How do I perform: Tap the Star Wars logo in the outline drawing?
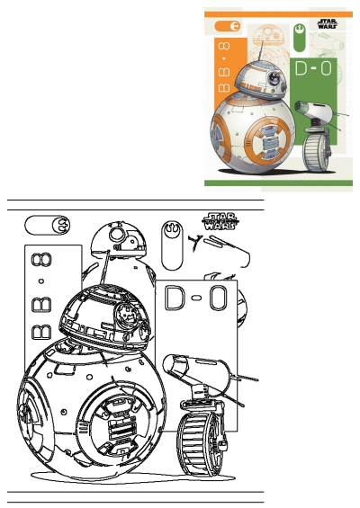pyautogui.click(x=218, y=221)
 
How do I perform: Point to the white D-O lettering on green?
pyautogui.click(x=313, y=68)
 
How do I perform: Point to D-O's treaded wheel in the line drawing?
pyautogui.click(x=200, y=443)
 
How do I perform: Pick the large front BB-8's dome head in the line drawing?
pyautogui.click(x=101, y=317)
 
